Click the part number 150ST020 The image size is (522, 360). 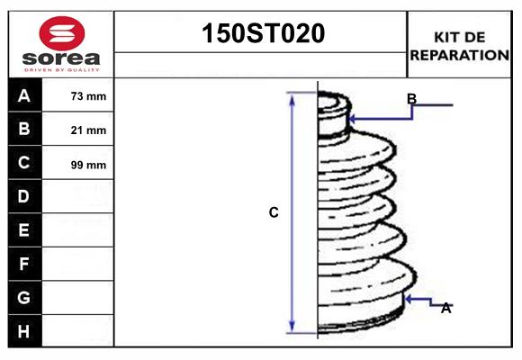coord(260,34)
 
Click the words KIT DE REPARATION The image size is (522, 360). coord(460,46)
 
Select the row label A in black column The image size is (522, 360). coord(24,95)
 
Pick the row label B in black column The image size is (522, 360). coord(24,129)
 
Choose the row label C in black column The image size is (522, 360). coord(24,163)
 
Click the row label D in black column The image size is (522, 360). coord(24,196)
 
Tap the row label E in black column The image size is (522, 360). coord(24,230)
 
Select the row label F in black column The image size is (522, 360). coord(24,264)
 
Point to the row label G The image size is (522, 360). coord(24,297)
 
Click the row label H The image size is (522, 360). coord(24,331)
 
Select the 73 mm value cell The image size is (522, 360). coord(88,96)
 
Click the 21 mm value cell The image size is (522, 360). coord(88,130)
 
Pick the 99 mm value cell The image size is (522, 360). coord(88,164)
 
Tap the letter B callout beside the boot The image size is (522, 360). coord(411,98)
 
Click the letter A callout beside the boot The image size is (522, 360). coord(445,308)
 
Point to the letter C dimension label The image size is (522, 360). coord(274,212)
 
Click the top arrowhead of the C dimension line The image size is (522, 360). coord(292,96)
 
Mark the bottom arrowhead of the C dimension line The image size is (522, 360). coord(292,328)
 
